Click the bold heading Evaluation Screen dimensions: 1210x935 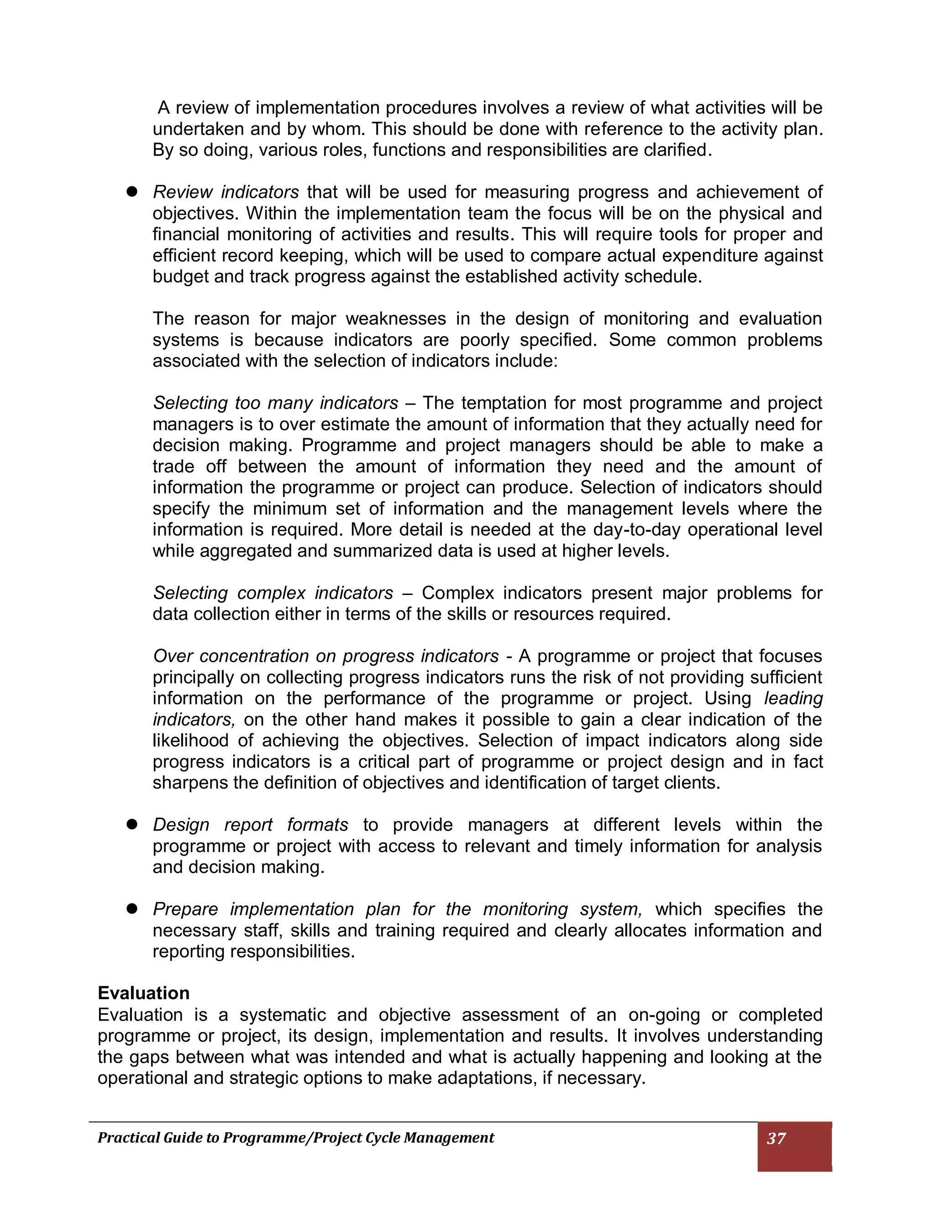[x=143, y=993]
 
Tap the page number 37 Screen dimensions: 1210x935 [x=776, y=1138]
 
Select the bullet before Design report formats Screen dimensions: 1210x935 [x=132, y=824]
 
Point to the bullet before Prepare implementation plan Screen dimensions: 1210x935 [x=132, y=909]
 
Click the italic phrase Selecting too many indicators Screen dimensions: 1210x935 [x=275, y=403]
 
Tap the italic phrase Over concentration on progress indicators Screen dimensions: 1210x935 [x=326, y=656]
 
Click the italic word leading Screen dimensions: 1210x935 [x=793, y=698]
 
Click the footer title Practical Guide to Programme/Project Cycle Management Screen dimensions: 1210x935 [x=295, y=1138]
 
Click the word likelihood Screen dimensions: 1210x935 [x=190, y=740]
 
